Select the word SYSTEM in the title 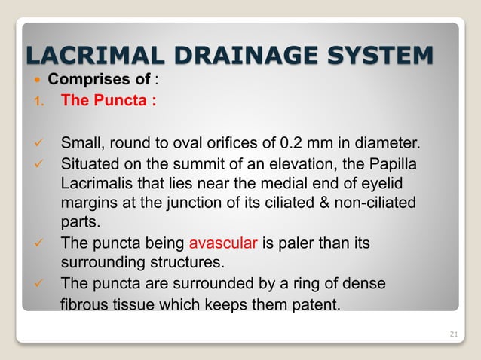click(384, 55)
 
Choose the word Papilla click(388, 164)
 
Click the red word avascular click(224, 244)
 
